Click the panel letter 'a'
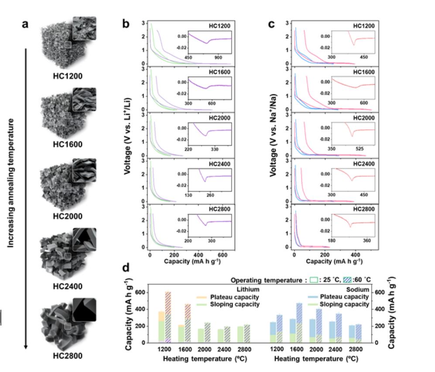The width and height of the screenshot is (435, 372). (x=25, y=24)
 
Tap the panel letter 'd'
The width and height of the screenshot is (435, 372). (x=126, y=267)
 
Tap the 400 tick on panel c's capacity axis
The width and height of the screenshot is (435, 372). (x=356, y=254)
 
